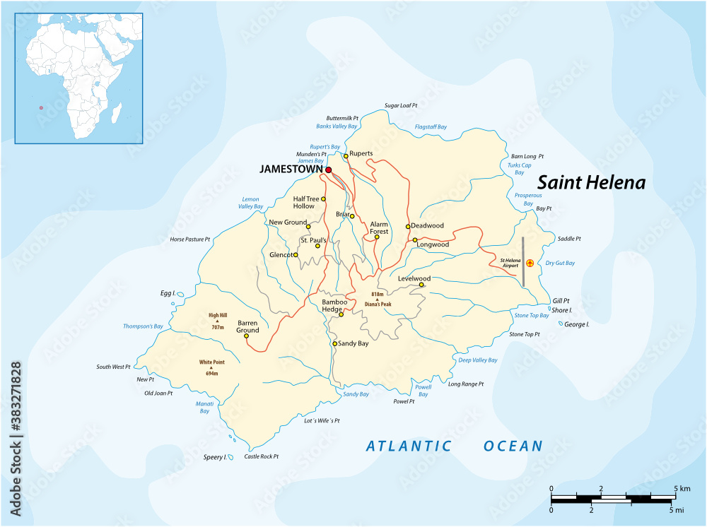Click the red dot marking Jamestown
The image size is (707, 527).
click(x=329, y=170)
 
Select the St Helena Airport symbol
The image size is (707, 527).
click(x=530, y=263)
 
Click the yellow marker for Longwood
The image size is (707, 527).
click(x=415, y=240)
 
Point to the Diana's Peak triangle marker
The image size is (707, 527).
click(x=377, y=300)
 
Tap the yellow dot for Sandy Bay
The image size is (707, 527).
click(x=335, y=343)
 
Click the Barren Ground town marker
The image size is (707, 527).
click(x=246, y=336)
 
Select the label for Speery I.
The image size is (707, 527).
click(x=214, y=457)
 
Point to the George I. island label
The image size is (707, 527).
click(x=578, y=324)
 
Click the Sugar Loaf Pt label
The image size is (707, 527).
click(x=401, y=105)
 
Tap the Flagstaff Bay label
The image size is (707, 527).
click(x=431, y=127)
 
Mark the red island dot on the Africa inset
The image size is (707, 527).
click(x=41, y=108)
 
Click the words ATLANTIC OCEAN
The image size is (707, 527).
click(x=454, y=446)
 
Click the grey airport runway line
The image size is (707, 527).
click(x=523, y=261)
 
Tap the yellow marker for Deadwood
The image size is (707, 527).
click(x=408, y=226)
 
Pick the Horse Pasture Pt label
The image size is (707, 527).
click(x=190, y=239)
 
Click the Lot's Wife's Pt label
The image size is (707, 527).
click(x=322, y=420)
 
